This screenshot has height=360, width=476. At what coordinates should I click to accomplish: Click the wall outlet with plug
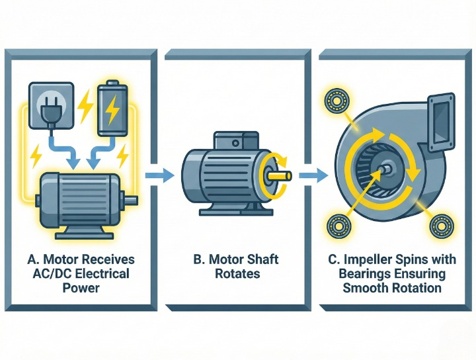51,105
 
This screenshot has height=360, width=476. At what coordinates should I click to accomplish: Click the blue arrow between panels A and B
159,175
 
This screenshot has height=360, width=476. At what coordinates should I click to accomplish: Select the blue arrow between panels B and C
313,175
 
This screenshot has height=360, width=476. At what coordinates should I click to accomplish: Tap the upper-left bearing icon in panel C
337,100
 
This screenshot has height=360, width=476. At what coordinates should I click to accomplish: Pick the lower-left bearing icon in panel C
339,226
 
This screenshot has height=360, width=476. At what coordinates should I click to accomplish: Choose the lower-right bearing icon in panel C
442,226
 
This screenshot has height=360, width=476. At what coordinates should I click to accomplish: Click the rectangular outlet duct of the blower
441,122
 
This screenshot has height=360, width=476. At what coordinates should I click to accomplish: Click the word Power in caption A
81,287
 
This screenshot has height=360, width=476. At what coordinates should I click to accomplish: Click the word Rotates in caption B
237,273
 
